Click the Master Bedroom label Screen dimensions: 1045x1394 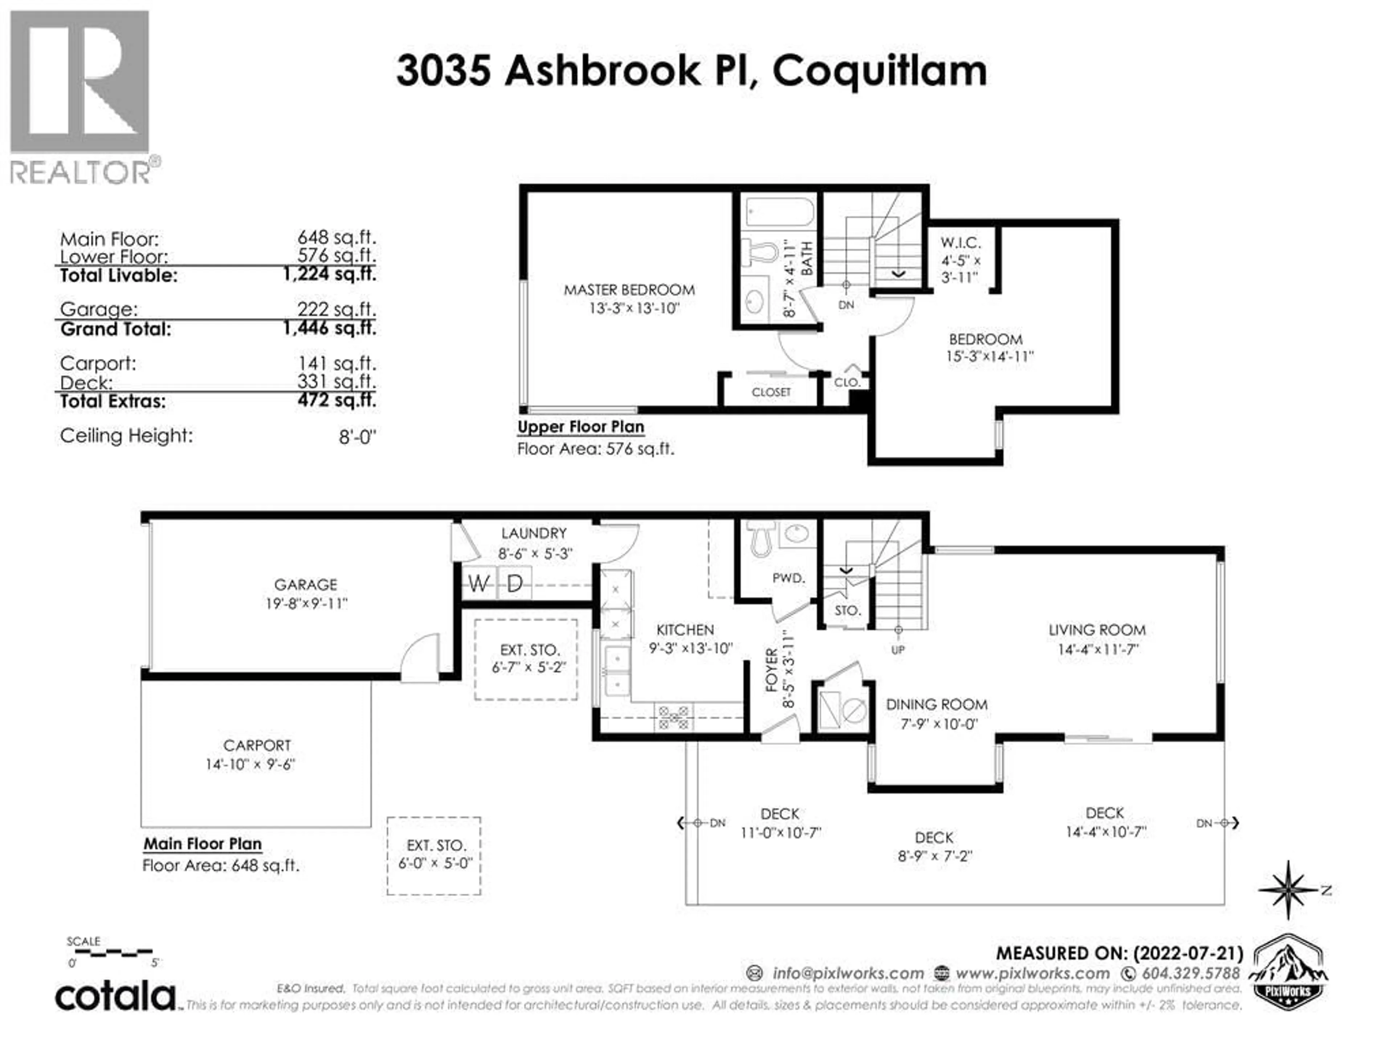629,290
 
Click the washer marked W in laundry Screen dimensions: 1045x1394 479,584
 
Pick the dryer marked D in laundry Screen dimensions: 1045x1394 515,584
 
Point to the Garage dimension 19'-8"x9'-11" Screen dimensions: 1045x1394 306,603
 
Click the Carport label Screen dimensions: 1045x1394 257,745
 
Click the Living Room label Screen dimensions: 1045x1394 1097,630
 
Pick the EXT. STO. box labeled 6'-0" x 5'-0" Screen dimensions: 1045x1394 434,855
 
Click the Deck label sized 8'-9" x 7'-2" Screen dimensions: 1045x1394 934,838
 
